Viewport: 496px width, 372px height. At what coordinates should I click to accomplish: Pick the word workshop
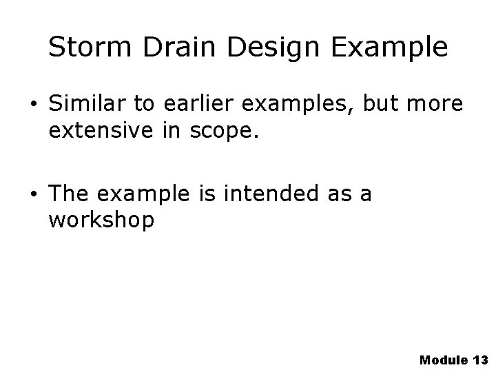[102, 221]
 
